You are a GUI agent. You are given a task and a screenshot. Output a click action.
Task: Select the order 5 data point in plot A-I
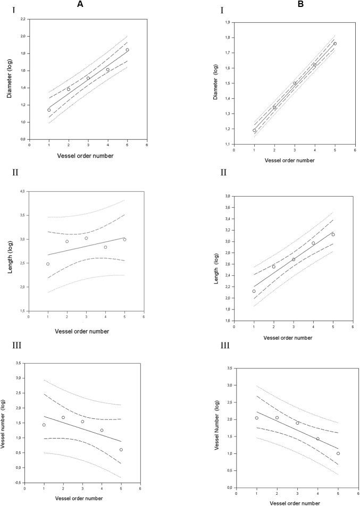point(127,50)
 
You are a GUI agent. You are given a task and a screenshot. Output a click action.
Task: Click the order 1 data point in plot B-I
point(254,130)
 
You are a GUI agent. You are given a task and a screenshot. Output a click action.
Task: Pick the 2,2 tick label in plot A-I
point(22,19)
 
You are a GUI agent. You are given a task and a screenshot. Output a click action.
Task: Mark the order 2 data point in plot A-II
point(67,241)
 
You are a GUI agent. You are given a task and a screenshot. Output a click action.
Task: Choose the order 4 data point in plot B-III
point(318,438)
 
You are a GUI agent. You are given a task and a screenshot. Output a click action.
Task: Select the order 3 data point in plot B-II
point(294,259)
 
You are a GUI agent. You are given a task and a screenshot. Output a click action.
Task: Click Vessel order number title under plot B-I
point(289,159)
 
